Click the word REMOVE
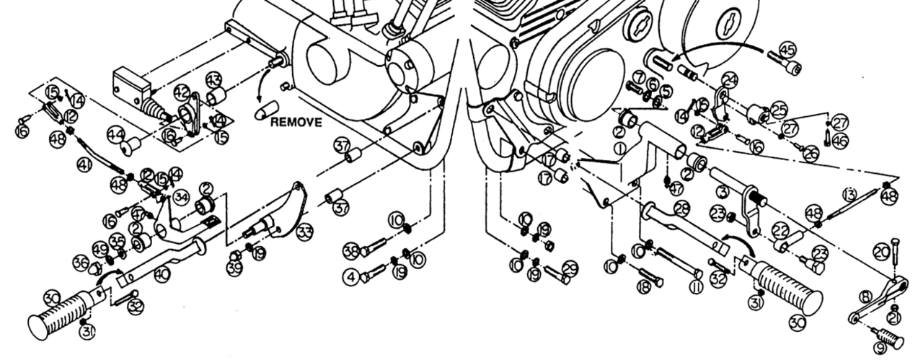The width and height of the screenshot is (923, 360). coord(296,123)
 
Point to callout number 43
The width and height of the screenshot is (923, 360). coord(213,79)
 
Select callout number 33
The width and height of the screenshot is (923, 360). coord(306,232)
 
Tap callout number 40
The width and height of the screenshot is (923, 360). coord(163,273)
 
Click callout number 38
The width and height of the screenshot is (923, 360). coord(350,251)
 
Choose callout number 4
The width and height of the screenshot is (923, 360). coord(350,276)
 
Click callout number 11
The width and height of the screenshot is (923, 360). coord(696,287)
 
